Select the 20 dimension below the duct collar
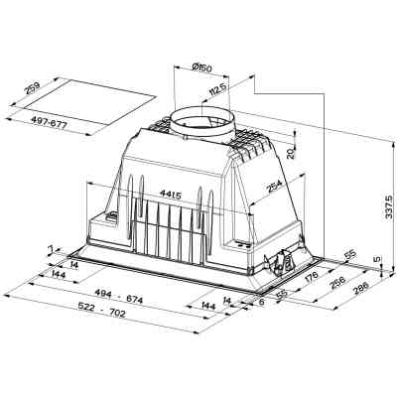289,153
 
